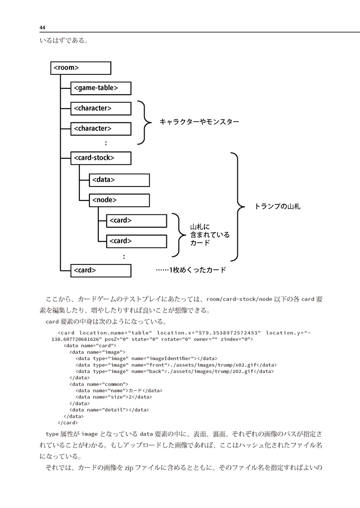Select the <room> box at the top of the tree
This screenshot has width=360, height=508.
(80, 68)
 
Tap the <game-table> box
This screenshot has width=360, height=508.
(101, 88)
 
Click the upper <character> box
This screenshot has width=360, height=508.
(101, 108)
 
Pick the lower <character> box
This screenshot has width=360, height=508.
(101, 128)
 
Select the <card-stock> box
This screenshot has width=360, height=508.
(101, 158)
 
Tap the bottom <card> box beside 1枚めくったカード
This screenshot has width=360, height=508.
(101, 270)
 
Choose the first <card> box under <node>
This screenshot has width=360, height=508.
(137, 220)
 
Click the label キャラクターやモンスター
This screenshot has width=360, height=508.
(199, 122)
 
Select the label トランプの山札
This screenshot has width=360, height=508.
(277, 206)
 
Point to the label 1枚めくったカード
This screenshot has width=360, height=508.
(191, 270)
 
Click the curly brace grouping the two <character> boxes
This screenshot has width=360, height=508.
(144, 121)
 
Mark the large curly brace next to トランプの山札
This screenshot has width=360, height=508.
(236, 206)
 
